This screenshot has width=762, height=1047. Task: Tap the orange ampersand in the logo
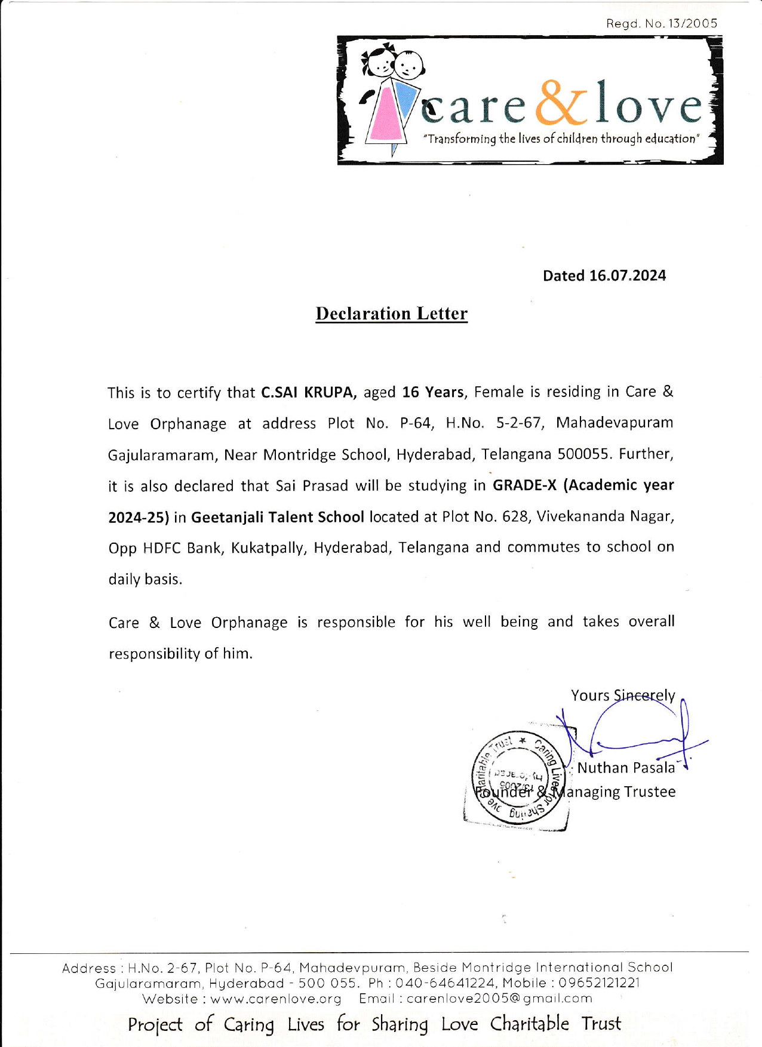coord(560,103)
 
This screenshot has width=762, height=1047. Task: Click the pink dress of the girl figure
coord(385,116)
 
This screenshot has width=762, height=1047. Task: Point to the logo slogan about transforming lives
coord(561,139)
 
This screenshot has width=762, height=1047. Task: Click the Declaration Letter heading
coord(391,314)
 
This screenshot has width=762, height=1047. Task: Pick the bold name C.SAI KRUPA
coord(309,393)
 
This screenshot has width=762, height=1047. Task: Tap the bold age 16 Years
coord(433,392)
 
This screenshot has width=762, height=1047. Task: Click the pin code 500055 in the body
coord(584,454)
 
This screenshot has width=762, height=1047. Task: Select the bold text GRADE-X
coord(524,485)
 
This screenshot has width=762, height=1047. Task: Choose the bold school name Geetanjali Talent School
coord(278,517)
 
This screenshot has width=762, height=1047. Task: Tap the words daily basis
coord(145,579)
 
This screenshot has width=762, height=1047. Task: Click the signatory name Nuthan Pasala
coord(626,768)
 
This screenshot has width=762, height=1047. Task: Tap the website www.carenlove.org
coord(275,999)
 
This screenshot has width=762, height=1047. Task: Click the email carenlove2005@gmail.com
coord(499,999)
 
